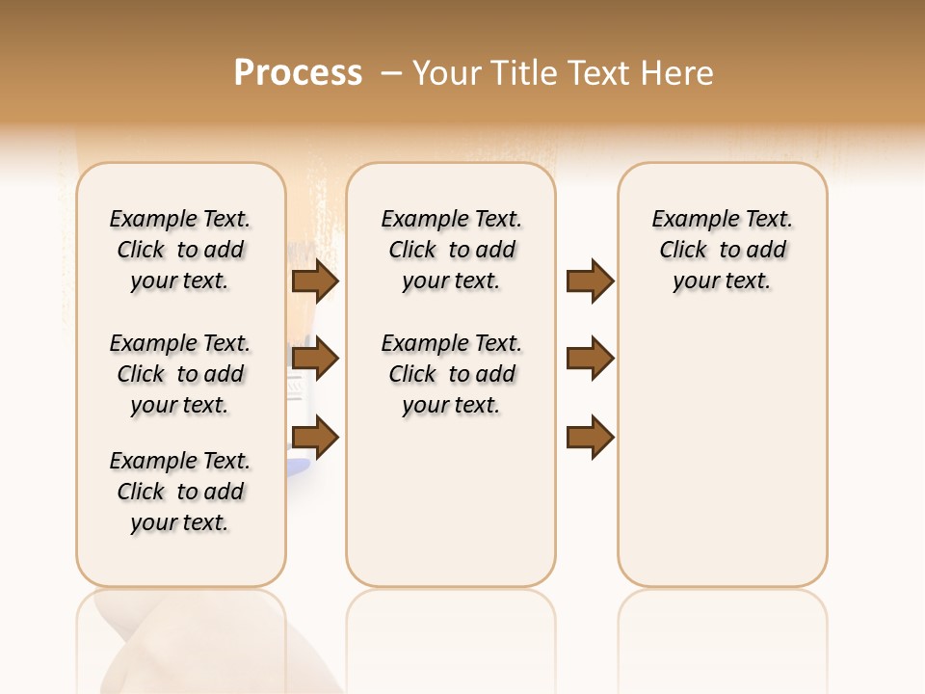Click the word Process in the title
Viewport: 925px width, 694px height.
pos(298,73)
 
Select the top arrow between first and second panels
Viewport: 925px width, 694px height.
pos(315,280)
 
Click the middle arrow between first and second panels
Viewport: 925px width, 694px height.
pos(315,359)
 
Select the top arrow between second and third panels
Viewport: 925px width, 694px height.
pos(590,280)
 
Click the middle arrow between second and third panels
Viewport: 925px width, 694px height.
pos(590,359)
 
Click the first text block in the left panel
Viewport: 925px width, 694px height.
pos(180,250)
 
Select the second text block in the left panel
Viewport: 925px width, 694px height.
pos(180,374)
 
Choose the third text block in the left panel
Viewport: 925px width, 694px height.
pos(180,492)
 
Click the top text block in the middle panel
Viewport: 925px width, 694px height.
pos(451,250)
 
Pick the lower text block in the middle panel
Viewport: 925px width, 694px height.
pos(451,374)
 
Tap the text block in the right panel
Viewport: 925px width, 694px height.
pos(722,250)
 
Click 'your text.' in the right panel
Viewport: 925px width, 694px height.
pos(722,280)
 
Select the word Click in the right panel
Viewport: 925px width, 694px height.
pos(683,250)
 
